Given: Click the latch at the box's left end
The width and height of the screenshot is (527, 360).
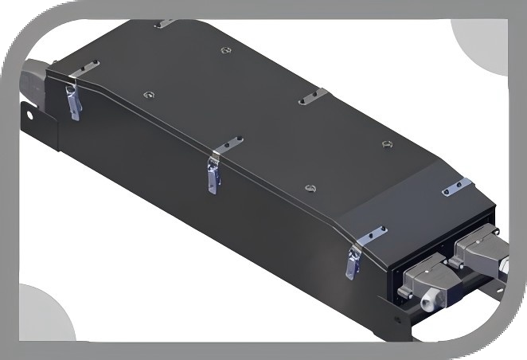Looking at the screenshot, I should coord(73,102).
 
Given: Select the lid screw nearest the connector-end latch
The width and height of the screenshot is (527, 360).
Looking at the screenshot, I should coord(310,189).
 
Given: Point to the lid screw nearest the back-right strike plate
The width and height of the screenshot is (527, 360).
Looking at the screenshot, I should coord(385,144).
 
